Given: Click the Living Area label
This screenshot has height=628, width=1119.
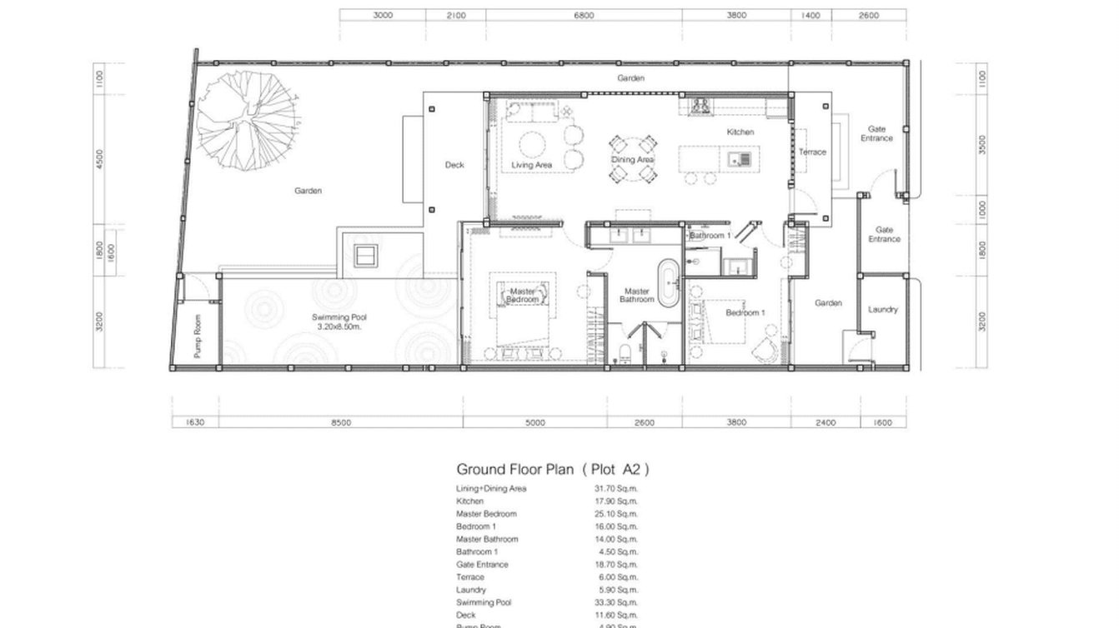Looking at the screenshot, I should [x=532, y=165].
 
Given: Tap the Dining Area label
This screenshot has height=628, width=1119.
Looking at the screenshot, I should [x=633, y=159].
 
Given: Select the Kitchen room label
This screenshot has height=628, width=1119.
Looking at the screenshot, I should [x=740, y=132].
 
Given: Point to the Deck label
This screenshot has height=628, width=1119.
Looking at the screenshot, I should [x=454, y=165].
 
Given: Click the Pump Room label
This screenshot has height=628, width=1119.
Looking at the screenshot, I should [x=198, y=336].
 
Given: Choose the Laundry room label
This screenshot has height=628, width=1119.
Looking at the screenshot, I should [x=882, y=310].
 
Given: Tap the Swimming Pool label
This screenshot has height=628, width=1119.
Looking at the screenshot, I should [x=339, y=321].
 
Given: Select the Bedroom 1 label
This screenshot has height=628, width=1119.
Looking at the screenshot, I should [x=745, y=312].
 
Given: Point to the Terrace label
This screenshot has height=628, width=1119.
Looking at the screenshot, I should [x=812, y=152].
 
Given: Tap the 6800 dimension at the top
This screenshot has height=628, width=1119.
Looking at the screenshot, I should [x=584, y=15].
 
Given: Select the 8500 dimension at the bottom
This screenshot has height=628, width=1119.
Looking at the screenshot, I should [x=341, y=423].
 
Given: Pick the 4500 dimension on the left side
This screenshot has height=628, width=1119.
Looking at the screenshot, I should [x=100, y=158].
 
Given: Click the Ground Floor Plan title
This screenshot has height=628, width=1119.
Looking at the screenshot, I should [x=552, y=469].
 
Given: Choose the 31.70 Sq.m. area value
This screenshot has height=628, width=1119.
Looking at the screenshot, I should [x=615, y=489].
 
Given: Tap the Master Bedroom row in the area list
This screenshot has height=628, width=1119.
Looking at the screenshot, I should [x=486, y=514].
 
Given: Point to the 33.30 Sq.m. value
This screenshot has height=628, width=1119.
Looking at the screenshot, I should [x=615, y=602].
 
